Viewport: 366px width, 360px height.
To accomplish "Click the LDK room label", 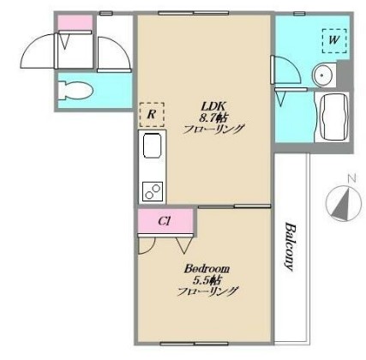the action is tap(214, 106).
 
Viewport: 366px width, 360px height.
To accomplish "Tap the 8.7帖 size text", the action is tap(213, 117).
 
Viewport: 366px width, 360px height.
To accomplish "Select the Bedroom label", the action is tap(207, 268).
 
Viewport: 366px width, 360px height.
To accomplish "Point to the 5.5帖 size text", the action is tap(207, 280).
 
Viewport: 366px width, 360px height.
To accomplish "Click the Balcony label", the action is tap(290, 246).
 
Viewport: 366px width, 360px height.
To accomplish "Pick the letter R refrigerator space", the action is tap(152, 115).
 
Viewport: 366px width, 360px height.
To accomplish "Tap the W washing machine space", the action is tap(334, 40).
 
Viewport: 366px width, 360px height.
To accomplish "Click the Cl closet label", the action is tap(165, 221).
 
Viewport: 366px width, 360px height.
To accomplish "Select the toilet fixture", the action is tap(75, 91).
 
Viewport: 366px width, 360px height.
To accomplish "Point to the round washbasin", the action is tap(322, 75).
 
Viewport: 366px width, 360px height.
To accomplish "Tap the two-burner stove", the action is tap(153, 191).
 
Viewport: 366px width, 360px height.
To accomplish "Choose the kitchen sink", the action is tap(151, 146).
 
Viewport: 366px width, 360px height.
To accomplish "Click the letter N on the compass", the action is tap(351, 179).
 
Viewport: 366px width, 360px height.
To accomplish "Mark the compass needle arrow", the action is tap(342, 203).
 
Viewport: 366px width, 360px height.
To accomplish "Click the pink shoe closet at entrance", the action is tap(75, 22).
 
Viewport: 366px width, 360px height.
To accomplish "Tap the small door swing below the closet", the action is tap(147, 245).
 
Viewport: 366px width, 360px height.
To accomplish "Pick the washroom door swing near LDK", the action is tap(286, 69).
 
